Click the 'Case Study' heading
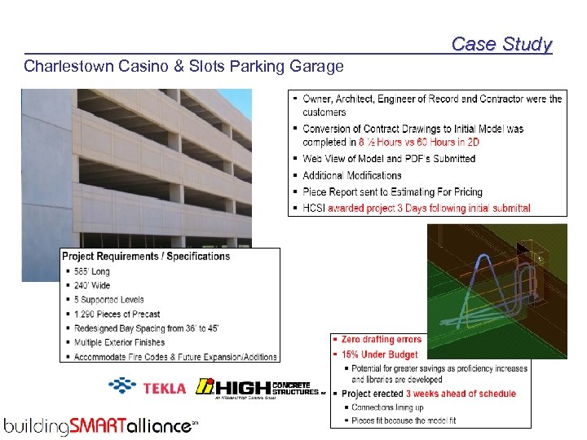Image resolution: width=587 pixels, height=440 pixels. click(x=501, y=44)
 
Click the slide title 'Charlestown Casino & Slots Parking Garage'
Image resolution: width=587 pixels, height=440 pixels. click(x=183, y=66)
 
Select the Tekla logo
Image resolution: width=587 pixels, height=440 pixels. click(x=148, y=388)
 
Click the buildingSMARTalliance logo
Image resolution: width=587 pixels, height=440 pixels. click(x=100, y=425)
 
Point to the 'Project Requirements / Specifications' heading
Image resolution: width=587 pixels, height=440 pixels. click(x=146, y=256)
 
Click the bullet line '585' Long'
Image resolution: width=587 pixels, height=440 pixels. click(x=91, y=271)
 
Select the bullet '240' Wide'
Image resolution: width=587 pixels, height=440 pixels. click(x=91, y=285)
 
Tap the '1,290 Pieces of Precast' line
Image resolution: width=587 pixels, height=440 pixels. click(x=117, y=314)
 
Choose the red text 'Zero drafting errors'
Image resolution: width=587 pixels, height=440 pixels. click(x=381, y=340)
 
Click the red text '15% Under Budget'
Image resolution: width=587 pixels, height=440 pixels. click(x=379, y=354)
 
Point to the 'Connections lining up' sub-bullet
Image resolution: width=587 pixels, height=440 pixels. click(x=387, y=407)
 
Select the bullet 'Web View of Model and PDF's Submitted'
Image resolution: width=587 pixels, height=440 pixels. click(x=388, y=159)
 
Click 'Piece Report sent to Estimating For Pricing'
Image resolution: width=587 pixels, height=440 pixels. click(x=392, y=191)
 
